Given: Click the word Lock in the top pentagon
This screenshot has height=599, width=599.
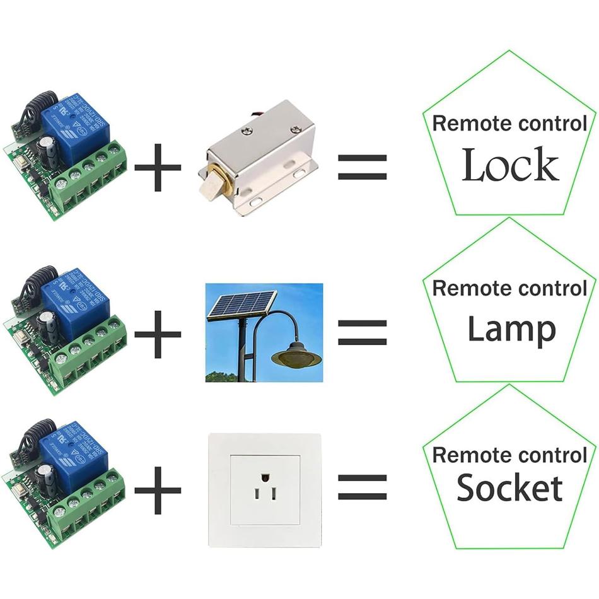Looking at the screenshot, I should (510, 165).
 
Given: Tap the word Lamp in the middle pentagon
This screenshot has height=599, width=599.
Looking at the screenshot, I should (511, 329).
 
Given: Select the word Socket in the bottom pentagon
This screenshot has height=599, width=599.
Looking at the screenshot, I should (509, 488).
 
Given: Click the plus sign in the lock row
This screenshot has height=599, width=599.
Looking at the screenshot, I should (158, 168).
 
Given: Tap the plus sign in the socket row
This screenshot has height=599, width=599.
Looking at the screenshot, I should (158, 489).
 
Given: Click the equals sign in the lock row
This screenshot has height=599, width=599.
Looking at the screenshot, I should (362, 168).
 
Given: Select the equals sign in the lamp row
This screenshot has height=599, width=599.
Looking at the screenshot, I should (362, 332).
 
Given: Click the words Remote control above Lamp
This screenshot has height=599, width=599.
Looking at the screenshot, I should (509, 289).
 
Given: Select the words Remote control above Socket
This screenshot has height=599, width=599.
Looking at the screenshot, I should (509, 454).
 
